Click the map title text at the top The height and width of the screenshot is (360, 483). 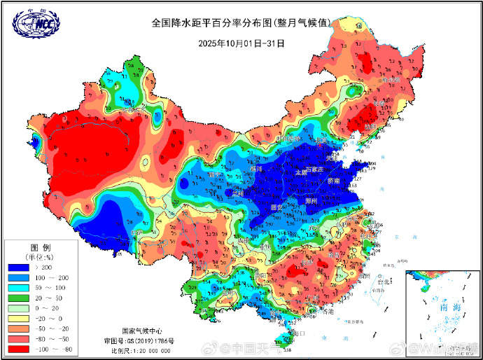tap(241, 22)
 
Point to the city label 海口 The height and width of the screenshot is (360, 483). tap(299, 334)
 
